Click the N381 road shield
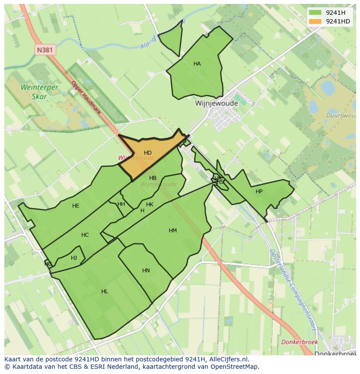[x=45, y=50]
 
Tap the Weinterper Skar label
[x=39, y=92]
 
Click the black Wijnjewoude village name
[x=217, y=104]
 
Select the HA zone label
[x=197, y=64]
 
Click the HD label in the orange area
[x=148, y=153]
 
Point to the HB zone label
[x=153, y=178]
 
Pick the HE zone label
[x=76, y=206]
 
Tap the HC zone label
[x=85, y=235]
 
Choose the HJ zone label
[x=74, y=258]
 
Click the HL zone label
[x=104, y=291]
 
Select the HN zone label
[x=146, y=271]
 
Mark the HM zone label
[x=173, y=231]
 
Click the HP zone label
[x=259, y=192]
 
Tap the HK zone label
[x=150, y=205]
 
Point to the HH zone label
[x=121, y=204]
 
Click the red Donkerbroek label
[x=300, y=342]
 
